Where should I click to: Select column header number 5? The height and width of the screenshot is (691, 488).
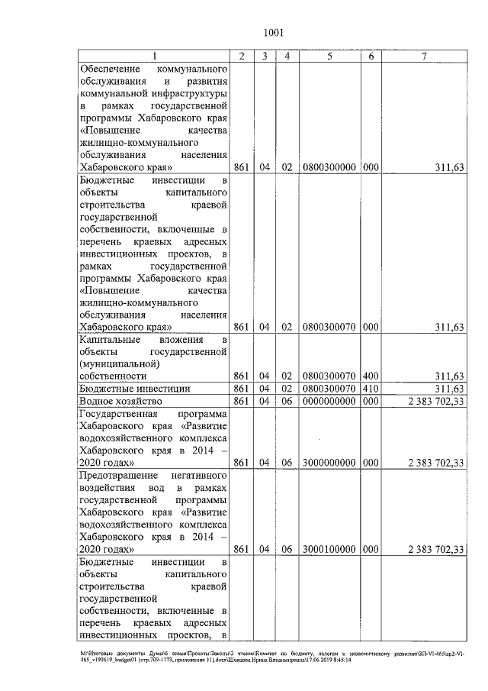pos(329,56)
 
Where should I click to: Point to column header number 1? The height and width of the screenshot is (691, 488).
pos(154,56)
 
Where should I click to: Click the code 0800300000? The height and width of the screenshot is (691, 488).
pos(329,166)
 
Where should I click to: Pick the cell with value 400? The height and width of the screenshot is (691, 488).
pos(371,376)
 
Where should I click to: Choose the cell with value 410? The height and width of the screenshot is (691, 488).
pos(371,388)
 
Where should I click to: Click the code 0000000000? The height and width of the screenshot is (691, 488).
pos(329,400)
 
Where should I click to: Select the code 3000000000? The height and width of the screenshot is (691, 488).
pos(329,462)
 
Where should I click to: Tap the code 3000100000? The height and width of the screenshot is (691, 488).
pos(329,548)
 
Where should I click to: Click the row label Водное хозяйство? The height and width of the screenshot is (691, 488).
pos(121,400)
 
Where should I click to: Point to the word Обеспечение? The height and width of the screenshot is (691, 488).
pos(111,69)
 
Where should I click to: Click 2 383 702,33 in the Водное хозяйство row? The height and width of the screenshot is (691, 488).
pos(436,400)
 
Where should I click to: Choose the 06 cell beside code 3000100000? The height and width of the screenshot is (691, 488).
pos(286,548)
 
